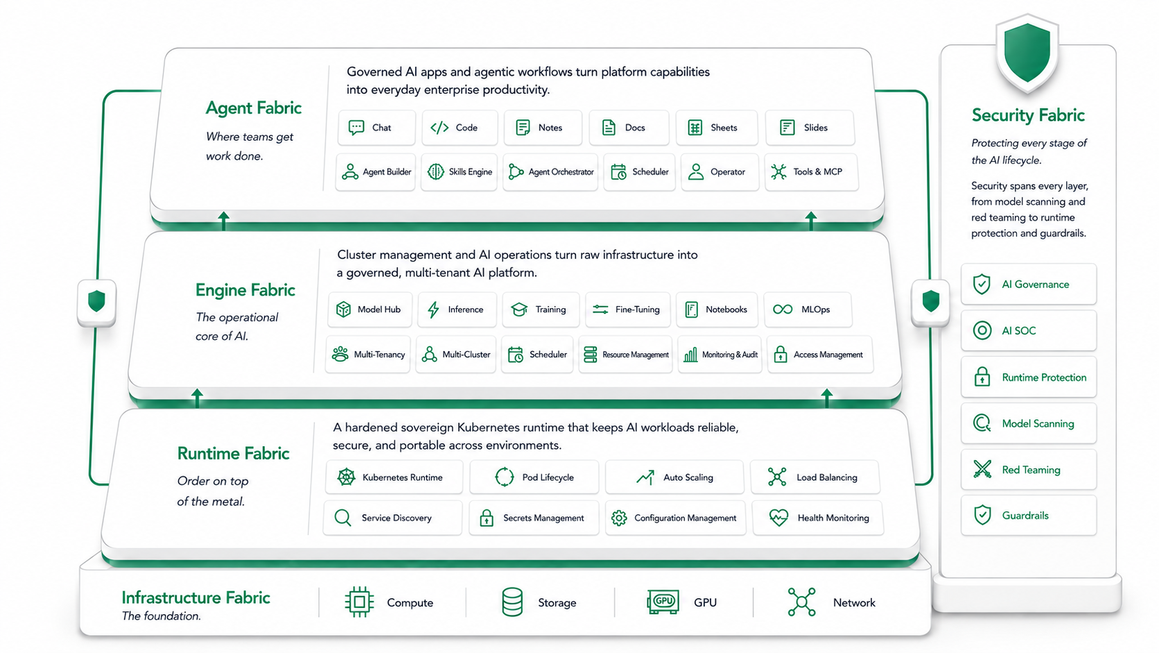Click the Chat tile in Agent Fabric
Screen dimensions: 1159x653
[376, 128]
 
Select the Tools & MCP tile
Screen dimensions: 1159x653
[811, 172]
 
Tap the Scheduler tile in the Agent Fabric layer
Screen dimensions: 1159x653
[640, 172]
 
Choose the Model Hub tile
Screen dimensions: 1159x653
[369, 309]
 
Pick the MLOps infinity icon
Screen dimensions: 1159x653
[783, 309]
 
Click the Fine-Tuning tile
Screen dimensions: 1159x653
[627, 309]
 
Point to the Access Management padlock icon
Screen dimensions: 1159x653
[781, 355]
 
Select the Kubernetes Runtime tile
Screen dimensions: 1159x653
[394, 477]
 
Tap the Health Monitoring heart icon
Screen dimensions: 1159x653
[778, 517]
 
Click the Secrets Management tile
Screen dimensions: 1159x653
[534, 518]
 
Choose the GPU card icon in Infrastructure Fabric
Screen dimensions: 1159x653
[663, 602]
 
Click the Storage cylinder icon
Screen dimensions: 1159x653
[512, 602]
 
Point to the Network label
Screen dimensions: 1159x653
[854, 603]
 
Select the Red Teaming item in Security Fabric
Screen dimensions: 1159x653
[1029, 470]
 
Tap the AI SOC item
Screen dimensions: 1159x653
[1029, 330]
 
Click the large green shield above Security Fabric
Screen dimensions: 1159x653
[1027, 52]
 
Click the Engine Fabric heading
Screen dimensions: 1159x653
[245, 290]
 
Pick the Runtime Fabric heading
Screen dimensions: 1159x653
[234, 454]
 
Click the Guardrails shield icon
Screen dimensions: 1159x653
[982, 516]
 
